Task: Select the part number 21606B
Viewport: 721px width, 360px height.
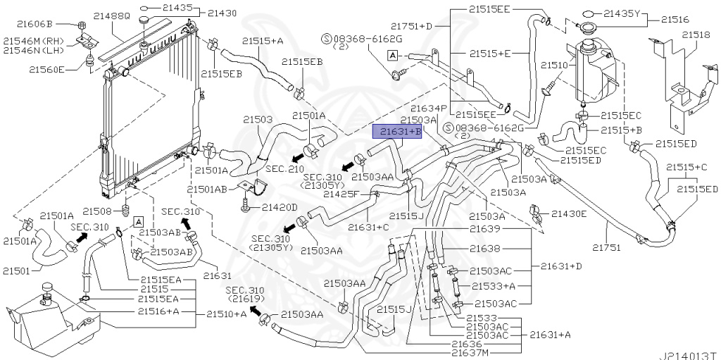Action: tap(48, 23)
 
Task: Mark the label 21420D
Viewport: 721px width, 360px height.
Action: tap(280, 207)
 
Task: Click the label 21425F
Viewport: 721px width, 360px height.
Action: tap(341, 193)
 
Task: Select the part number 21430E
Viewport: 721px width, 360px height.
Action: tap(569, 213)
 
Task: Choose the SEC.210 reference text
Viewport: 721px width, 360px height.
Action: tap(284, 168)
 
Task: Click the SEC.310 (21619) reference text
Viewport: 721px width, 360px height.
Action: tap(244, 294)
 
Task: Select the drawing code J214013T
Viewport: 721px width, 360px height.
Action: tap(687, 354)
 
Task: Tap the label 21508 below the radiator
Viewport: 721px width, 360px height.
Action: tap(98, 211)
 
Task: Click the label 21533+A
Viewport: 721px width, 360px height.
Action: tap(494, 285)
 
